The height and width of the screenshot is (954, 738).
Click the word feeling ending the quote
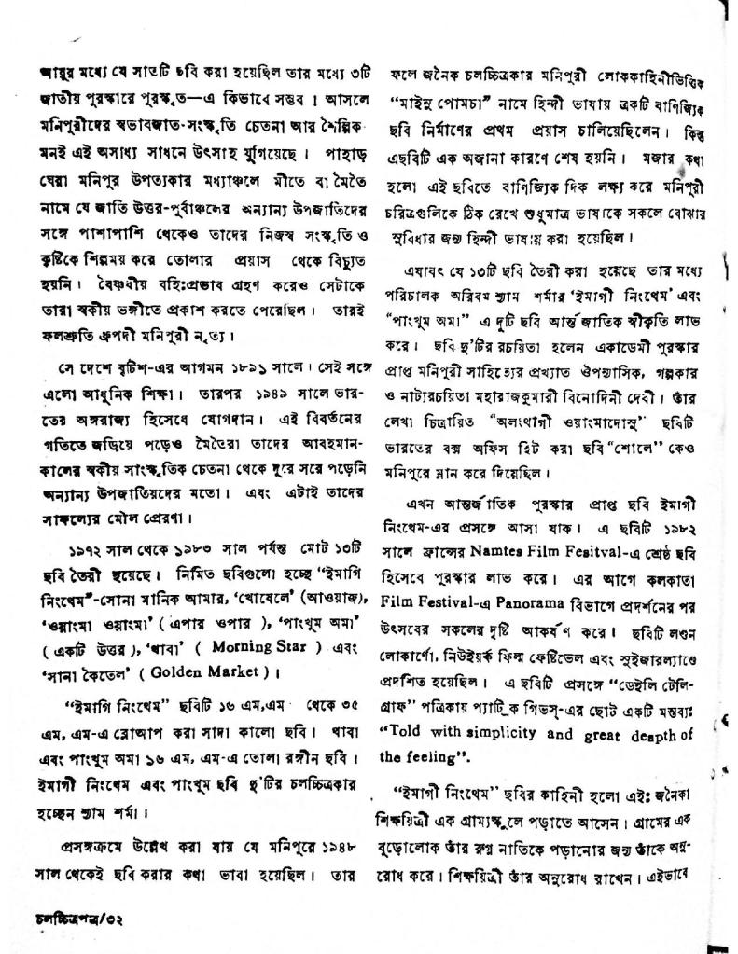tap(436, 756)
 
